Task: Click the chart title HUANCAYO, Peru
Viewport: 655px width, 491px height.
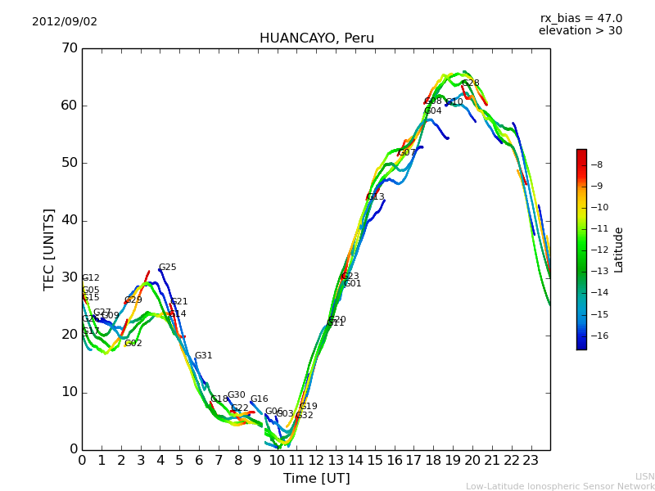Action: [316, 38]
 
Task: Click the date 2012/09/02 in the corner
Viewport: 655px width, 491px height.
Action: [65, 21]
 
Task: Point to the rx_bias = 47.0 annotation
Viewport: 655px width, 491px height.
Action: [580, 18]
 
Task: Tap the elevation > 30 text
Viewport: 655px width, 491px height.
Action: [580, 31]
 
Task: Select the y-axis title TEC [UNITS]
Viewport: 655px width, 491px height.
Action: [49, 249]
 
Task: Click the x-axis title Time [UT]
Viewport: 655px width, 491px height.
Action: [316, 479]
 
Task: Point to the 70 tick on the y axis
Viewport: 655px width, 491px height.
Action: [69, 48]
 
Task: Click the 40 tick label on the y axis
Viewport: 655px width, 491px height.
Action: [69, 220]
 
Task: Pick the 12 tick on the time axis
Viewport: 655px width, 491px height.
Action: [316, 461]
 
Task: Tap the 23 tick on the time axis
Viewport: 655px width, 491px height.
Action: [531, 461]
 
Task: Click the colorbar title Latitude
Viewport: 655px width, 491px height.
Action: [619, 249]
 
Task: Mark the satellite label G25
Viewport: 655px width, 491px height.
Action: [167, 268]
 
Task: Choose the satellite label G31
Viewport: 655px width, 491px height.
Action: [203, 356]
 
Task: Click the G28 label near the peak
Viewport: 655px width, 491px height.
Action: [471, 83]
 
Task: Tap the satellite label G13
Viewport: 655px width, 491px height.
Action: [375, 197]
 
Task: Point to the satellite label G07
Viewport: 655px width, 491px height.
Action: [407, 153]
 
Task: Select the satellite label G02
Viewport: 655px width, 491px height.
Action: [133, 344]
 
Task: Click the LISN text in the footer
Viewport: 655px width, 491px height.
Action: [644, 476]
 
